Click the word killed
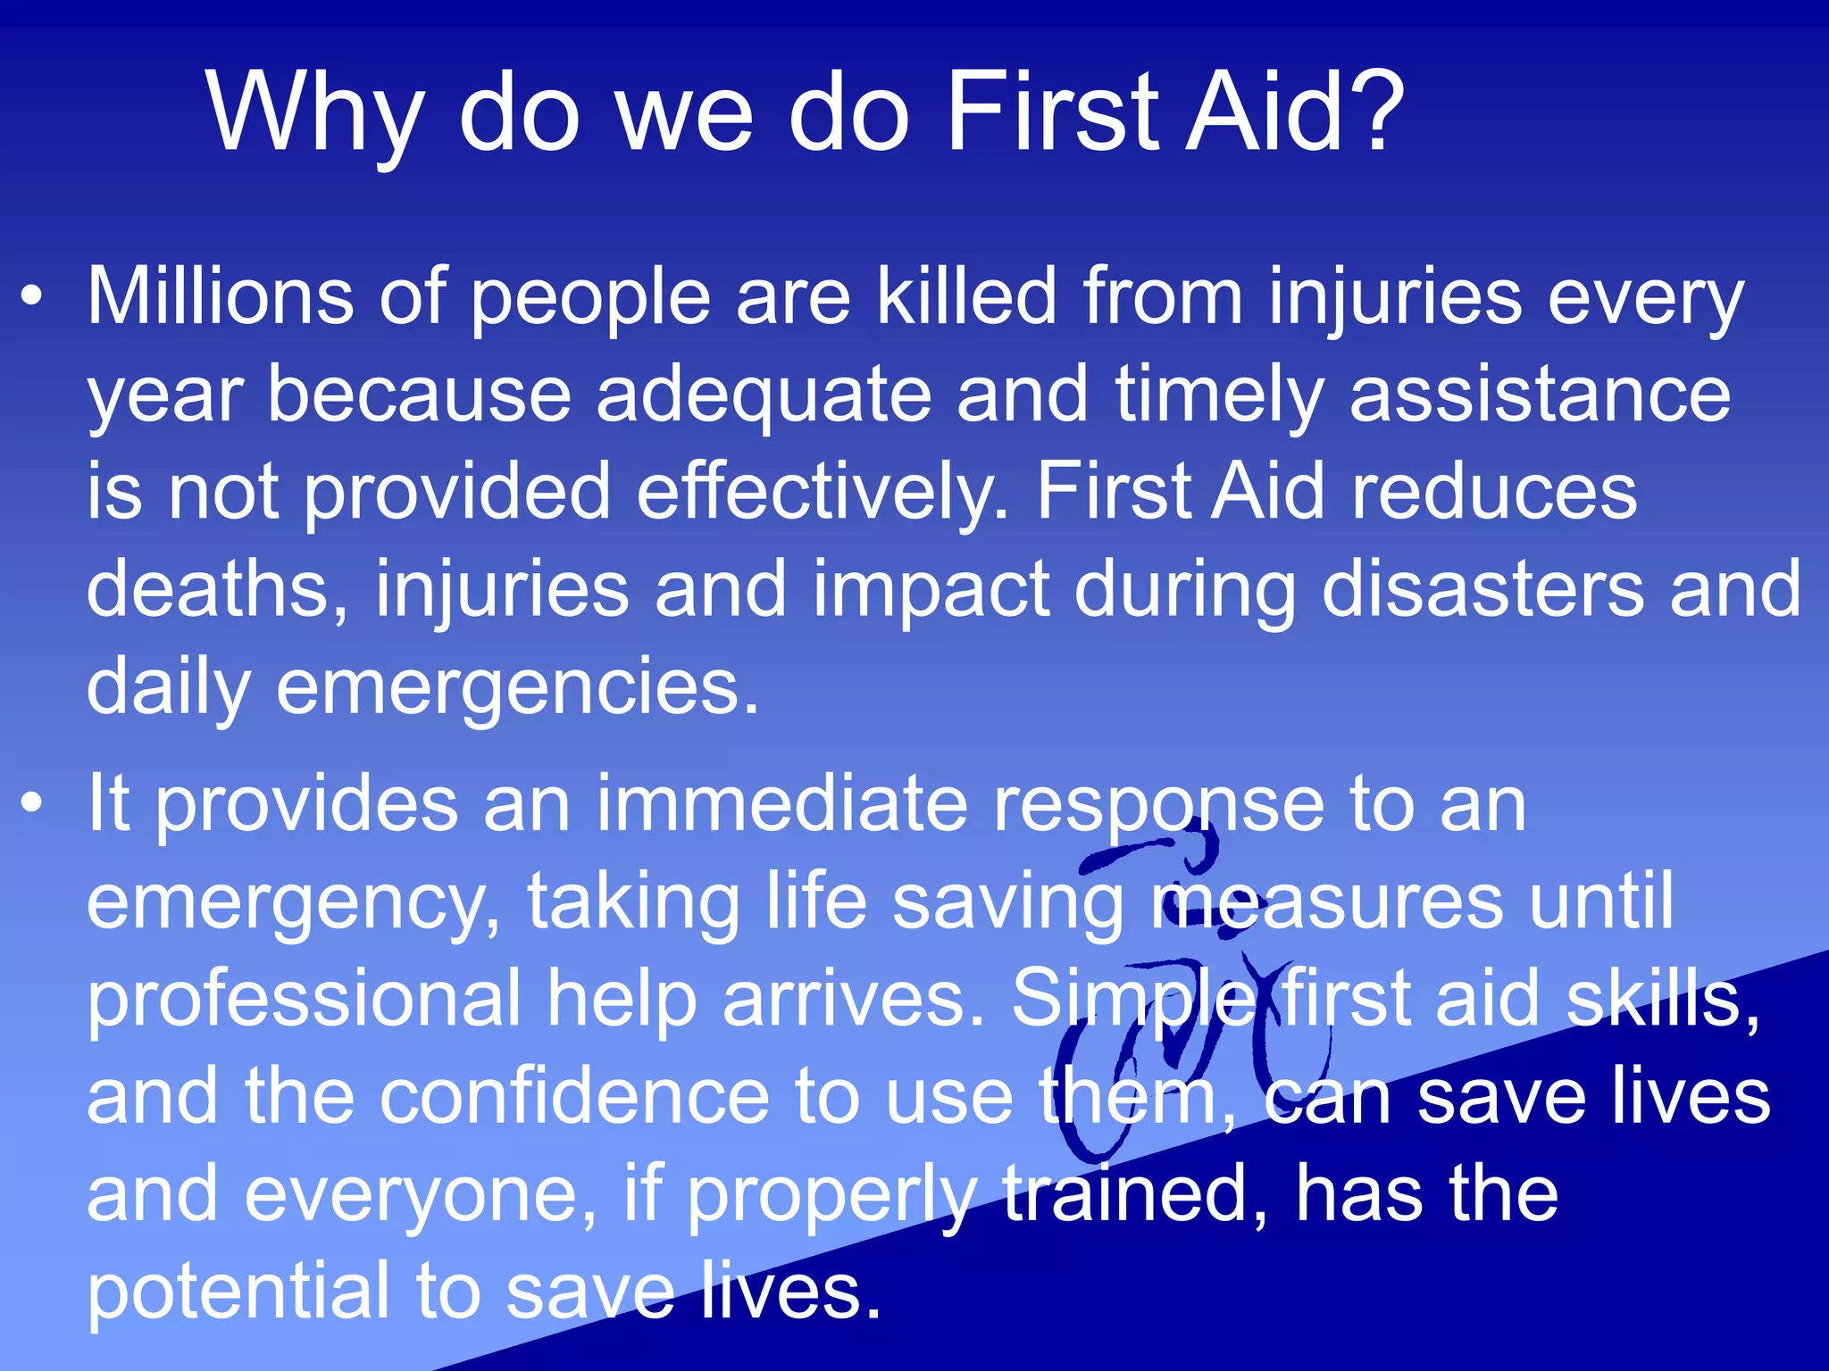[966, 296]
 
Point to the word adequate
[764, 395]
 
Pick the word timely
[1219, 395]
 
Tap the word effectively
[822, 492]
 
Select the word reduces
[1494, 492]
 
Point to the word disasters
[1482, 589]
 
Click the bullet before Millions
[32, 298]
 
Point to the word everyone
[421, 1194]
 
